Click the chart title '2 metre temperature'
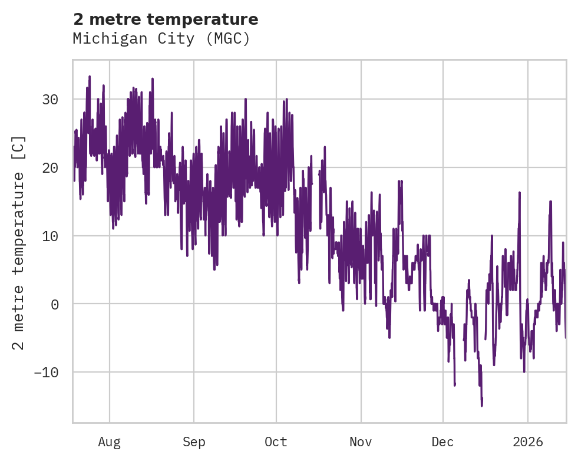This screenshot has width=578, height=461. tap(166, 19)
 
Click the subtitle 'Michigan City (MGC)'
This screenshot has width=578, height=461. tap(161, 39)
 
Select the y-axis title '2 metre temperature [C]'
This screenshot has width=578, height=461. tap(19, 243)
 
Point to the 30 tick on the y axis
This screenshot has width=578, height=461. tap(49, 99)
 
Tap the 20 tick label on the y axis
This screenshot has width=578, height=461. tap(49, 167)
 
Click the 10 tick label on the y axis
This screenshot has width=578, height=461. tap(49, 236)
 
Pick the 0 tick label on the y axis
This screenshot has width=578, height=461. tap(54, 304)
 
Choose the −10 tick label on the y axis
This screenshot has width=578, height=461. tap(46, 373)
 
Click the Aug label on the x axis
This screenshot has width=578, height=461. tap(109, 442)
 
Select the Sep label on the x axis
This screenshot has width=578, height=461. tap(193, 442)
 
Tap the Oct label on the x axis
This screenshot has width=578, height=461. tap(276, 442)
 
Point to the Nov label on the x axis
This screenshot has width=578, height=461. tap(361, 442)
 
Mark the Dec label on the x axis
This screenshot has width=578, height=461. tap(442, 442)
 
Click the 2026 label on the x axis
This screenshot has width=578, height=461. tap(527, 442)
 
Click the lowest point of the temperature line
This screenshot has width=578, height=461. tap(481, 406)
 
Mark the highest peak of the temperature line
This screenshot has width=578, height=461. tap(90, 76)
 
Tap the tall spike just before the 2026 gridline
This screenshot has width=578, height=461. tap(520, 192)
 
